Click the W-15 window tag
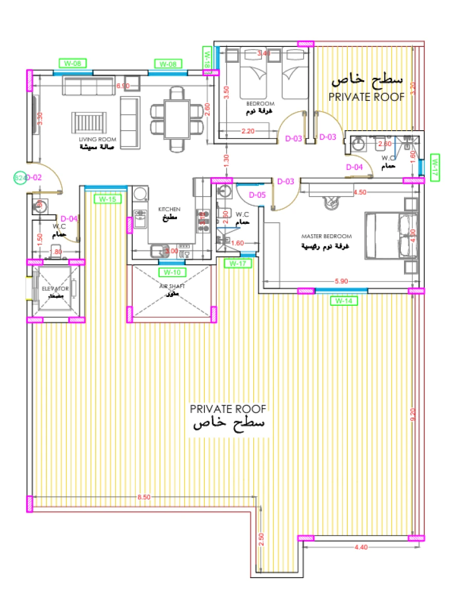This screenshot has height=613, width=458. coord(107,199)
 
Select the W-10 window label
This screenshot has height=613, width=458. coord(172,272)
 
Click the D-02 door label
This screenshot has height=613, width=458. coord(33,178)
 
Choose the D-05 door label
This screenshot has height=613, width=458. coord(257,195)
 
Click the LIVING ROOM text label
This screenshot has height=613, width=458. coord(97,139)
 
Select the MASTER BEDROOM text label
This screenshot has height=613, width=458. coord(327,236)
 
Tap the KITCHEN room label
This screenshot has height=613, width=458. coord(169,209)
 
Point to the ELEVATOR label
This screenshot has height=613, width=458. coord(55,289)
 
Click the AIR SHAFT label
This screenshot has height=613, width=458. coord(172,286)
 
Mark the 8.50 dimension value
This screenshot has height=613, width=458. coord(144,497)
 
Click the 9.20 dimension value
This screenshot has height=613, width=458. coord(413,415)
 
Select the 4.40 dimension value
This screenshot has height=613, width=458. coord(361,548)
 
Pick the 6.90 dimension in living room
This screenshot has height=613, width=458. coord(122,85)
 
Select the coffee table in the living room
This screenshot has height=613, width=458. coord(90,122)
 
